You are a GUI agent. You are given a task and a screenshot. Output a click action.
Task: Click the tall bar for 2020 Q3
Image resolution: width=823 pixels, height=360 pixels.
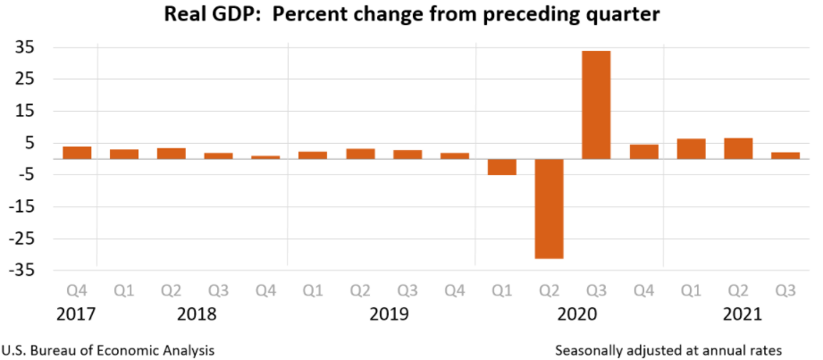click(596, 105)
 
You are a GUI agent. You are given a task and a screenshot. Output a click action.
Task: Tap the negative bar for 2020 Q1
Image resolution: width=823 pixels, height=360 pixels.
click(501, 167)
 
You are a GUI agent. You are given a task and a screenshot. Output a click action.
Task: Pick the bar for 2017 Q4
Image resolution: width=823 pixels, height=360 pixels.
click(77, 153)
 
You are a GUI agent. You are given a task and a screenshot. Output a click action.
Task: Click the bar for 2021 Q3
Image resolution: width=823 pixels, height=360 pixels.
click(785, 155)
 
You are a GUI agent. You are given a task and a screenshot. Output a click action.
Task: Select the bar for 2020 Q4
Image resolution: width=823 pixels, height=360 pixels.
click(643, 152)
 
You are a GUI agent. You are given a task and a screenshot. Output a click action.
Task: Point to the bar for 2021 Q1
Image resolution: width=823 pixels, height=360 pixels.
click(691, 149)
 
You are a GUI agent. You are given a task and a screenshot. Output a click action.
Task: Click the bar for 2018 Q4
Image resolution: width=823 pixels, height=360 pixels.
click(265, 157)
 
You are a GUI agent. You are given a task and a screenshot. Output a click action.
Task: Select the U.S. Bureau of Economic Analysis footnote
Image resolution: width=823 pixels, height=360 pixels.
click(108, 349)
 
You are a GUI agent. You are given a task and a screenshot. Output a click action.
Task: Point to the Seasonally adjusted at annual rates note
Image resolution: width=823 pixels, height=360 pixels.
click(668, 349)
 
